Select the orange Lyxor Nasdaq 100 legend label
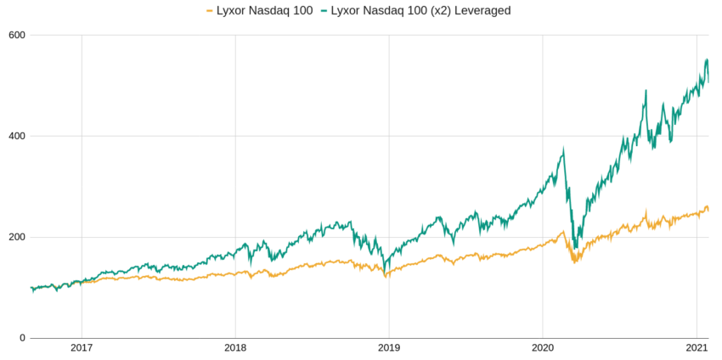click(x=266, y=10)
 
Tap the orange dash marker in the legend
click(x=210, y=11)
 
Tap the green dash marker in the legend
click(x=324, y=11)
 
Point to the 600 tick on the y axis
click(x=17, y=35)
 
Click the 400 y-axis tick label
click(x=17, y=136)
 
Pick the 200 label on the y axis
click(x=17, y=237)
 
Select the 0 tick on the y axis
click(x=22, y=338)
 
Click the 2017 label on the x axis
click(x=82, y=348)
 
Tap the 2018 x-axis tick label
click(x=235, y=348)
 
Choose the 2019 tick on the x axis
click(x=389, y=348)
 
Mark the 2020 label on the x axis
click(x=543, y=348)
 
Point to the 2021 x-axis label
click(x=697, y=348)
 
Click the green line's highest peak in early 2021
click(x=707, y=59)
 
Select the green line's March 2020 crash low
click(x=576, y=248)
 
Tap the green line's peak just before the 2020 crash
click(x=563, y=150)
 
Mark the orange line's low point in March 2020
click(x=575, y=262)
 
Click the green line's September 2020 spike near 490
click(x=646, y=90)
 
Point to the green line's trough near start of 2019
click(x=386, y=272)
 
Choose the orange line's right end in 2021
click(x=708, y=210)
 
